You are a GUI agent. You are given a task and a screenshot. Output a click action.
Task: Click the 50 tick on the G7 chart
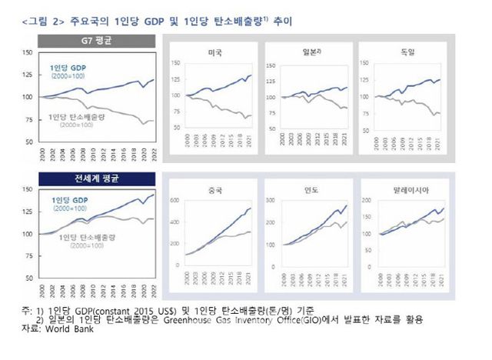tap(29, 142)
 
